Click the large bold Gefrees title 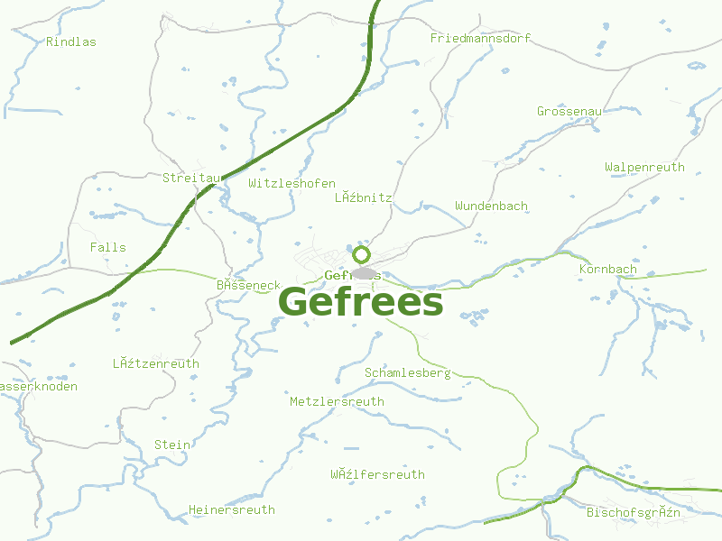tap(361, 303)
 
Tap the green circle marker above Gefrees tap(361, 254)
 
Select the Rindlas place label tap(70, 41)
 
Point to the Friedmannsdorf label tap(480, 38)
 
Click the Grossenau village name tap(569, 111)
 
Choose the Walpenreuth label tap(644, 167)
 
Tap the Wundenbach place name tap(491, 206)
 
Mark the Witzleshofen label tap(292, 183)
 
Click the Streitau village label tap(191, 178)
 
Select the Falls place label tap(108, 247)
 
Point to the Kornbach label tap(607, 269)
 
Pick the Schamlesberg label tap(407, 372)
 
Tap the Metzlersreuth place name tap(337, 401)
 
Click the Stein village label tap(171, 445)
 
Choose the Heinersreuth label tap(231, 509)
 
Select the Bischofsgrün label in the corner tap(633, 512)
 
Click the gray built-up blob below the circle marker tap(364, 273)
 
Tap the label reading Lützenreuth tap(155, 363)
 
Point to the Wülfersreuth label tap(377, 474)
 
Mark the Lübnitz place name tap(363, 197)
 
